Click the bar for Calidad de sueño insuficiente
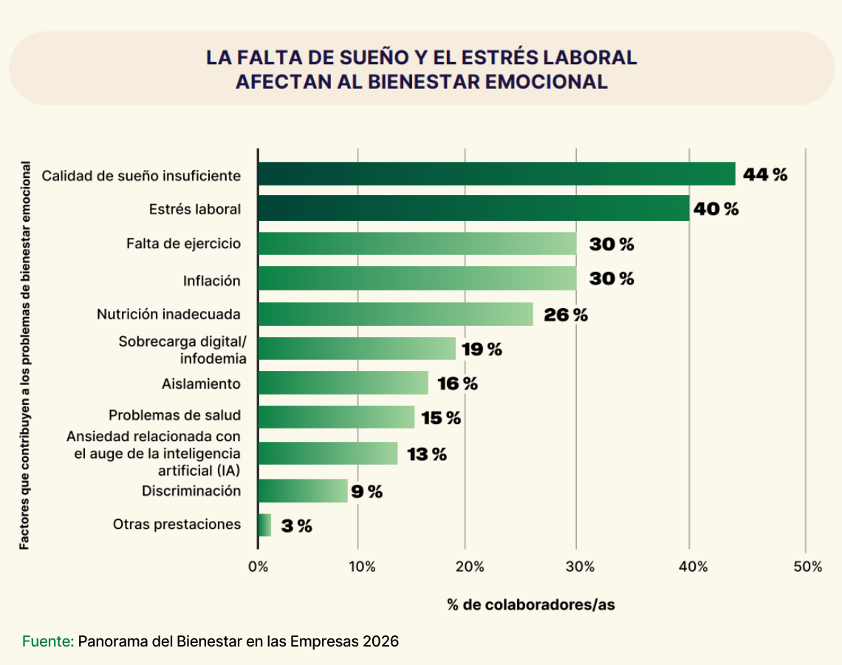(496, 174)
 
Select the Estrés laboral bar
(473, 208)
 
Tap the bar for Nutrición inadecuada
(395, 314)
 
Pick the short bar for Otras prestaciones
(264, 525)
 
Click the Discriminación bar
(302, 491)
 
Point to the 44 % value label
(765, 174)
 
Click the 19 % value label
(482, 349)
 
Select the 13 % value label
(427, 454)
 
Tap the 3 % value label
(296, 526)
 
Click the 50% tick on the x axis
(808, 567)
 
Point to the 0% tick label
(258, 567)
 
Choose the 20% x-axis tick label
(470, 567)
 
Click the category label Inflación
(212, 281)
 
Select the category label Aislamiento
(201, 383)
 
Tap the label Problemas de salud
(174, 415)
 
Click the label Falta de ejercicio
(183, 243)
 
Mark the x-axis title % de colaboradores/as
(530, 604)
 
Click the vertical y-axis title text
(25, 355)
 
